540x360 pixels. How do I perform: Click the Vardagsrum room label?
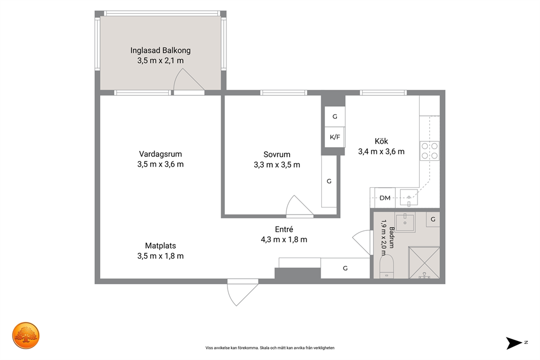[161, 154]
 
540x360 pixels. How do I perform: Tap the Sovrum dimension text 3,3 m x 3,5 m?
[277, 164]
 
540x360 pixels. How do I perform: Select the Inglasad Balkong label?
[161, 50]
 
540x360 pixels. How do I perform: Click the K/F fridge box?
[335, 137]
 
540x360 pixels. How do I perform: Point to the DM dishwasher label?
[385, 198]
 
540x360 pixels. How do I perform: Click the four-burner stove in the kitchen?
[430, 151]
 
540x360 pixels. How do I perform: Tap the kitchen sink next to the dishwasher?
[409, 197]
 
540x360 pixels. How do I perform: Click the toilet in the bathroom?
[386, 266]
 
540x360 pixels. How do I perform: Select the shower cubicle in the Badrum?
[424, 263]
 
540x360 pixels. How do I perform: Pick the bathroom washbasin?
[406, 222]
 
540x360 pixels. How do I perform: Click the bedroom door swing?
[299, 206]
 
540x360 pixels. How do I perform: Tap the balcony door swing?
[189, 81]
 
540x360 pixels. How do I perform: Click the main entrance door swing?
[242, 292]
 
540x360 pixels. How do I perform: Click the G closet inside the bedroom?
[329, 181]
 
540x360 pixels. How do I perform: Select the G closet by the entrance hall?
[345, 268]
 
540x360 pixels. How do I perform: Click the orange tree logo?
[26, 335]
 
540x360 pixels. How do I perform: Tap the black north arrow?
[514, 343]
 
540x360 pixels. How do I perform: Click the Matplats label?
[161, 246]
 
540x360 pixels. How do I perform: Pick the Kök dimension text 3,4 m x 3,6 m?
[381, 151]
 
